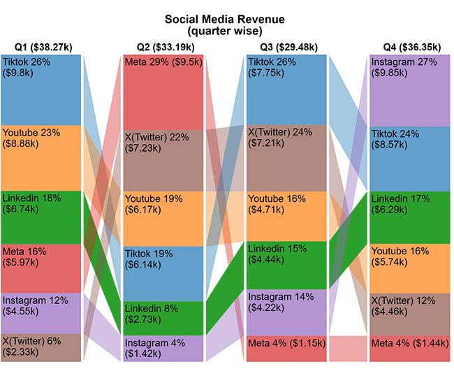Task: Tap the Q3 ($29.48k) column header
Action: point(288,48)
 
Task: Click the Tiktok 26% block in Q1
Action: point(41,89)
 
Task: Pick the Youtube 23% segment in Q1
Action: point(41,157)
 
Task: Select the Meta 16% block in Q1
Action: point(41,268)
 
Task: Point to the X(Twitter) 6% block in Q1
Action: point(41,347)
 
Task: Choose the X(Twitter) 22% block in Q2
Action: point(164,159)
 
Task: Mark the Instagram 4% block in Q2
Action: point(164,348)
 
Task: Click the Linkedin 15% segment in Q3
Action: point(287,265)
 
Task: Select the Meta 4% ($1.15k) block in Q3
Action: point(287,349)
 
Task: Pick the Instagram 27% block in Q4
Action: point(410,90)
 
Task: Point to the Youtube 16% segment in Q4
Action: point(410,268)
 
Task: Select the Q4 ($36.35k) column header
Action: point(411,48)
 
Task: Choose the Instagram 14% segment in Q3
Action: point(287,312)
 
